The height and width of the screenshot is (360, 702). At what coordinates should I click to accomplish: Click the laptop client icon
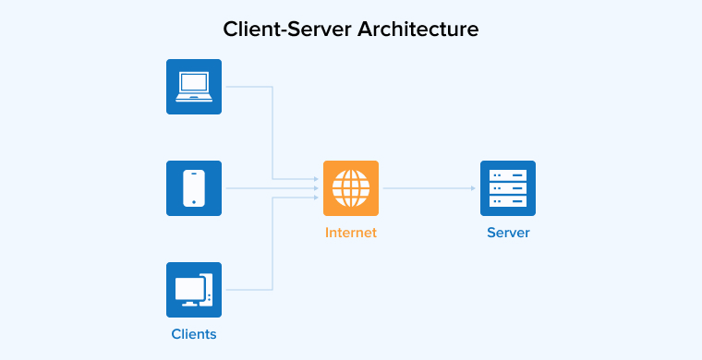click(194, 87)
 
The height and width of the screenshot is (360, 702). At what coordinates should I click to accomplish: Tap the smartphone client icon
click(194, 188)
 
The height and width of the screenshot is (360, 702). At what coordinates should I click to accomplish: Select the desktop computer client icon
click(194, 290)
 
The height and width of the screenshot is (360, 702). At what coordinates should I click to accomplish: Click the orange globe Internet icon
click(351, 188)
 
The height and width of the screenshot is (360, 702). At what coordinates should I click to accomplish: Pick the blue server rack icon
click(508, 188)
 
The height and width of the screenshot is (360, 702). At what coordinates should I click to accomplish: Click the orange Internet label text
click(351, 233)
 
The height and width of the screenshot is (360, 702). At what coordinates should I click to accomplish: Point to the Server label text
click(508, 233)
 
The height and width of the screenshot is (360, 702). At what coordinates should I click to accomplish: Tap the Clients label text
click(194, 334)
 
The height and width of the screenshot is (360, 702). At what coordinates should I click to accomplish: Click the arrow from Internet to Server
click(430, 188)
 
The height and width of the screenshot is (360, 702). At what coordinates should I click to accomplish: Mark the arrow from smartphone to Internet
click(272, 188)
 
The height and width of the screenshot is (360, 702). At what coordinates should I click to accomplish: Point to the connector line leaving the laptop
click(249, 87)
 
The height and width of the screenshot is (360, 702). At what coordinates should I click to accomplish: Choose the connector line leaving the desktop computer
click(249, 290)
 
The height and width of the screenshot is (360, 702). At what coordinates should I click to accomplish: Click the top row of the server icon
click(508, 174)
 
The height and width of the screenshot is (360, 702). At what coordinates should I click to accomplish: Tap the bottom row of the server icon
click(508, 201)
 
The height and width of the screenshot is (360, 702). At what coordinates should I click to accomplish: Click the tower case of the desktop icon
click(208, 289)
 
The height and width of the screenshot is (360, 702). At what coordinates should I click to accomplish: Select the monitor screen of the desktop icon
click(188, 286)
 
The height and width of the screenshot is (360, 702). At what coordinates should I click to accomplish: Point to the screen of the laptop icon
click(194, 83)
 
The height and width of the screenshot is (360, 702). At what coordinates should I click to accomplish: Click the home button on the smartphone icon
click(194, 202)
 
